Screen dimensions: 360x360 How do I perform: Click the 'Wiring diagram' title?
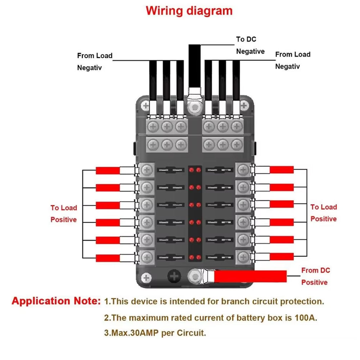pos(189,11)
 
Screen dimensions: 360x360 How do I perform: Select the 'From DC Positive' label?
pos(315,276)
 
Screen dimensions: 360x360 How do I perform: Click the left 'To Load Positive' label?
pos(64,213)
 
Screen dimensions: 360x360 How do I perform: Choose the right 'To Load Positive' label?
pos(324,213)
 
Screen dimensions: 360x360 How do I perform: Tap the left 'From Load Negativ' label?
pos(95,62)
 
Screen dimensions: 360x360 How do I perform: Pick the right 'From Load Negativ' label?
pos(293,60)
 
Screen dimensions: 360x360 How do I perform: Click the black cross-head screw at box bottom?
pos(174,277)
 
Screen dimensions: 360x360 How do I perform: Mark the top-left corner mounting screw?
pos(145,106)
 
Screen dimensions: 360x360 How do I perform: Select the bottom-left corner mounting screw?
pos(146,278)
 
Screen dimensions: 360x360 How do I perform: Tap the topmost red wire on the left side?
pos(108,171)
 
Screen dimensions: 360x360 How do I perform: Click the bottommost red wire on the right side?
pos(282,257)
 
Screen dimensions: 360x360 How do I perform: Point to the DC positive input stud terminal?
pos(195,276)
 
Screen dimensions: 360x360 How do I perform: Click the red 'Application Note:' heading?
pos(56,301)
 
